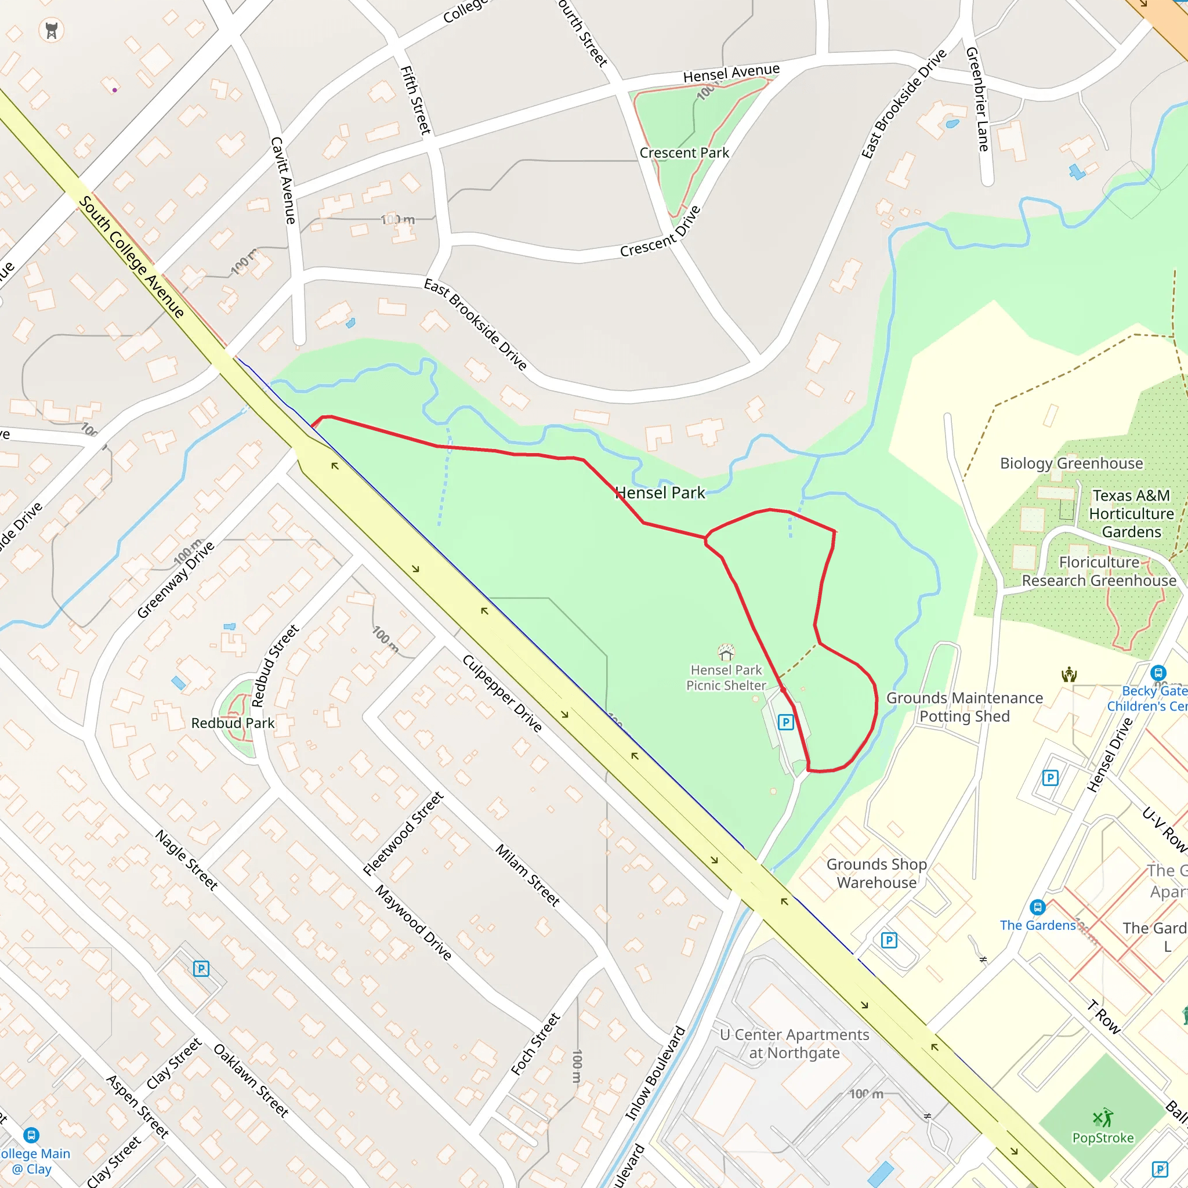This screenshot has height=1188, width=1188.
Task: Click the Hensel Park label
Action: pos(660,492)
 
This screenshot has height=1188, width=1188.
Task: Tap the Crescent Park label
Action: pos(684,153)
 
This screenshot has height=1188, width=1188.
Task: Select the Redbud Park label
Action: pos(233,723)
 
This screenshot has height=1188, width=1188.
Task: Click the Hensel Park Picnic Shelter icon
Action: pos(726,651)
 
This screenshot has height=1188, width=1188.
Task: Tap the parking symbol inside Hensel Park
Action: pos(785,722)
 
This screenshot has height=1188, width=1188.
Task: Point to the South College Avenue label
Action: pos(132,256)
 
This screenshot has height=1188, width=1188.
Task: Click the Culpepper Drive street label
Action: pos(502,694)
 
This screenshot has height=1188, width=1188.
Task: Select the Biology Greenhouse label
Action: pos(1071,463)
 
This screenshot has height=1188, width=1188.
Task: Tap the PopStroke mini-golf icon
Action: pos(1103,1117)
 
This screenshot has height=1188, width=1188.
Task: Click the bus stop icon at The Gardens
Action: pos(1037,907)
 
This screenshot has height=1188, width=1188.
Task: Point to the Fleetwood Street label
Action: pos(403,833)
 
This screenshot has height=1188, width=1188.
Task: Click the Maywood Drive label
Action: pos(414,922)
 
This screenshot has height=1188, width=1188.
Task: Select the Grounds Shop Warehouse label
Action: pos(876,873)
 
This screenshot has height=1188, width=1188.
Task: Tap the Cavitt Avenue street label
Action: pos(284,180)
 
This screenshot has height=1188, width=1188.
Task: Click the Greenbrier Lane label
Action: pos(977,99)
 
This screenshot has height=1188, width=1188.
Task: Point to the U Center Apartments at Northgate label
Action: pos(795,1044)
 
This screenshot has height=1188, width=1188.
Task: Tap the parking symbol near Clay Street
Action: pos(201,969)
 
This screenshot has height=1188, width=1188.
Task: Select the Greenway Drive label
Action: pos(176,579)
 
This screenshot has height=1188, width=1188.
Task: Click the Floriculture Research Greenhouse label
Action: pos(1099,571)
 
